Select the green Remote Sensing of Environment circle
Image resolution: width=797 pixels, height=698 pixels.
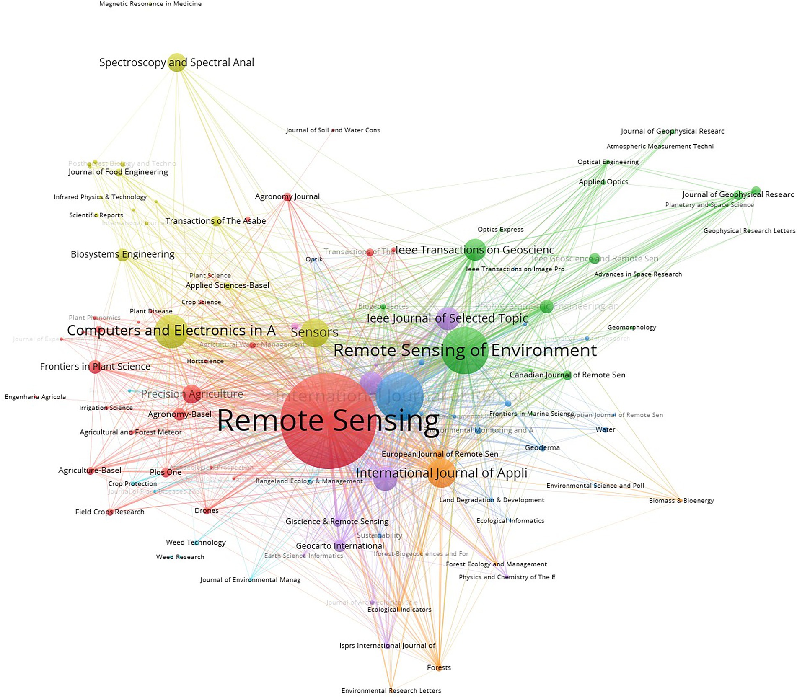(x=465, y=351)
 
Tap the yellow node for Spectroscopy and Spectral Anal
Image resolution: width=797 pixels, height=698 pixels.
(x=177, y=63)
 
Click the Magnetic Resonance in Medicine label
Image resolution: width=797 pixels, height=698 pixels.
(x=150, y=4)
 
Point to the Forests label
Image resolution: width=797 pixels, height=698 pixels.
(x=439, y=667)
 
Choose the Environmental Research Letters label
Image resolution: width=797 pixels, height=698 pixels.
(x=391, y=690)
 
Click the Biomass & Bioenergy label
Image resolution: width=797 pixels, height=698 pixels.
(x=681, y=500)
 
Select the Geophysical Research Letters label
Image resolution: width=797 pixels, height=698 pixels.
(x=749, y=230)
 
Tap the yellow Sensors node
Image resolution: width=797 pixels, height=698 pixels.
(x=315, y=333)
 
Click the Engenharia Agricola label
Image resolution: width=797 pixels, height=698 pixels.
(x=35, y=397)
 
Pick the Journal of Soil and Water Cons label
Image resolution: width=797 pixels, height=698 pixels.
(x=333, y=130)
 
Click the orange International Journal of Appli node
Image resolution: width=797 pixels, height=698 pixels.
(x=441, y=473)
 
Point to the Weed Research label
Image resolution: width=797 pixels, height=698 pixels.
(x=180, y=557)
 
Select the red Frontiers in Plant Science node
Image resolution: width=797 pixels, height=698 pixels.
(x=95, y=367)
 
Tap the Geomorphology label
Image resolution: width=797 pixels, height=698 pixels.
(x=631, y=327)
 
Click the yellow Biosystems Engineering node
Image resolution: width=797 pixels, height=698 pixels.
(x=122, y=254)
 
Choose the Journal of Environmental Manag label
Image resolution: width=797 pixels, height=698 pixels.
(x=250, y=580)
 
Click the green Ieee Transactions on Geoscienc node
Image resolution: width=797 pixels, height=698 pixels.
(x=475, y=250)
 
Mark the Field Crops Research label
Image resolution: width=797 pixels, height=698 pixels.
(x=109, y=512)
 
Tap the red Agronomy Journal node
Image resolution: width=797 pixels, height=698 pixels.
(x=287, y=197)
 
